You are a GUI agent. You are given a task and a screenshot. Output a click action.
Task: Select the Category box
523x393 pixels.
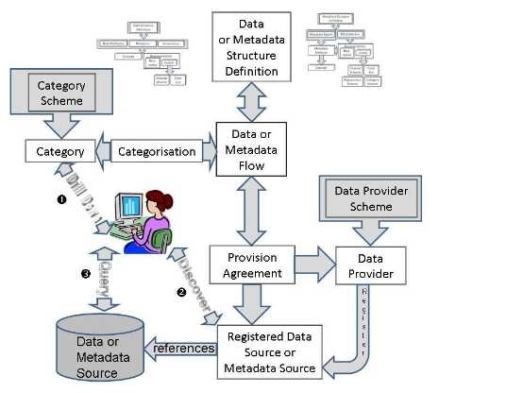click(x=59, y=150)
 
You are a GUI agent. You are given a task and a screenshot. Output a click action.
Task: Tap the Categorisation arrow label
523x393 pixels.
click(x=159, y=150)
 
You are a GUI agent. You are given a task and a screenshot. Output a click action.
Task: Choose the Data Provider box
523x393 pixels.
click(x=370, y=265)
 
